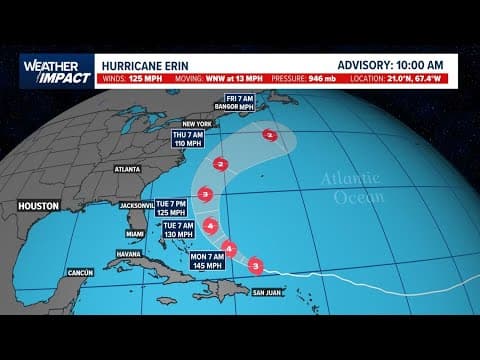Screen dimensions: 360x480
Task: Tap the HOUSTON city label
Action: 39,205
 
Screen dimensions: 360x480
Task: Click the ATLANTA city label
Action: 128,170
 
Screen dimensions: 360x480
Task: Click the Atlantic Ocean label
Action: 351,188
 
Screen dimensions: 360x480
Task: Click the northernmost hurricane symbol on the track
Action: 265,133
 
